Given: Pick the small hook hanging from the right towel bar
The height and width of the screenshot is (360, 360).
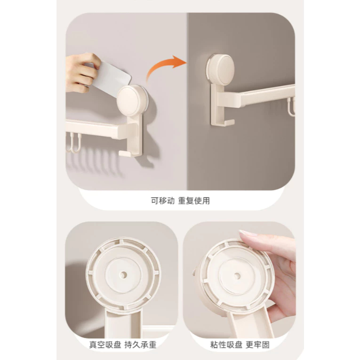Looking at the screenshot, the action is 292,107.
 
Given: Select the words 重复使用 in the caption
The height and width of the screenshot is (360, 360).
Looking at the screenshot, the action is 194,200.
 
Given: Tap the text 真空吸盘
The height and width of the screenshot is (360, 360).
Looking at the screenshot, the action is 105,344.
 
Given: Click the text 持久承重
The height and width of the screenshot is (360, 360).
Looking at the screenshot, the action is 140,344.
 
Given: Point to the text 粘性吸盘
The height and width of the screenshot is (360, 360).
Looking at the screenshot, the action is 226,344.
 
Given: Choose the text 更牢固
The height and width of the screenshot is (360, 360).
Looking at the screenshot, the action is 257,344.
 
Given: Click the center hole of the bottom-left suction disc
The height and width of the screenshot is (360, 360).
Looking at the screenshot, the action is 123,274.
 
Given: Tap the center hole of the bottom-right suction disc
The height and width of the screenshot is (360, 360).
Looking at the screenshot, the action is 237,276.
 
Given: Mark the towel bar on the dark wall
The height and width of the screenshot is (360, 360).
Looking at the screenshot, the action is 256,95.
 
